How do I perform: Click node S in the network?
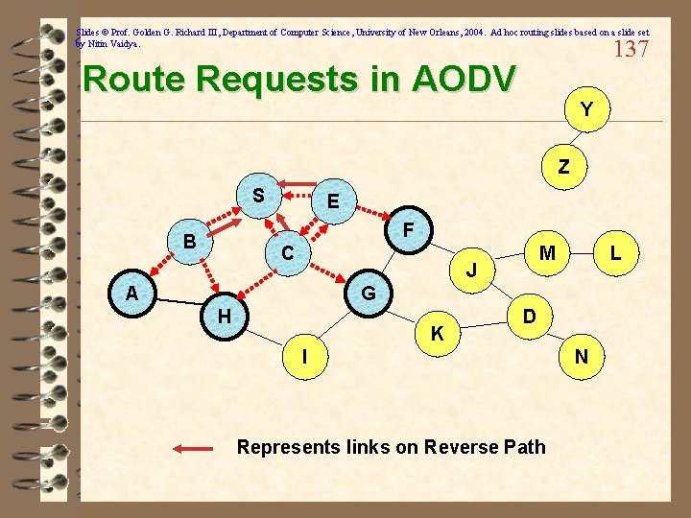click(x=258, y=196)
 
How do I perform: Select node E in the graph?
click(x=332, y=202)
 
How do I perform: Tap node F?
click(x=408, y=231)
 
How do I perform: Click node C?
click(x=287, y=254)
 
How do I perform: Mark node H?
click(x=223, y=316)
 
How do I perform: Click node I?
click(x=304, y=357)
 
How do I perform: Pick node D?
click(x=529, y=315)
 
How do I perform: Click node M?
click(x=547, y=253)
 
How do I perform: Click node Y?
click(x=584, y=110)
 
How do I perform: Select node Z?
click(x=563, y=167)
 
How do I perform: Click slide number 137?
click(x=631, y=49)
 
